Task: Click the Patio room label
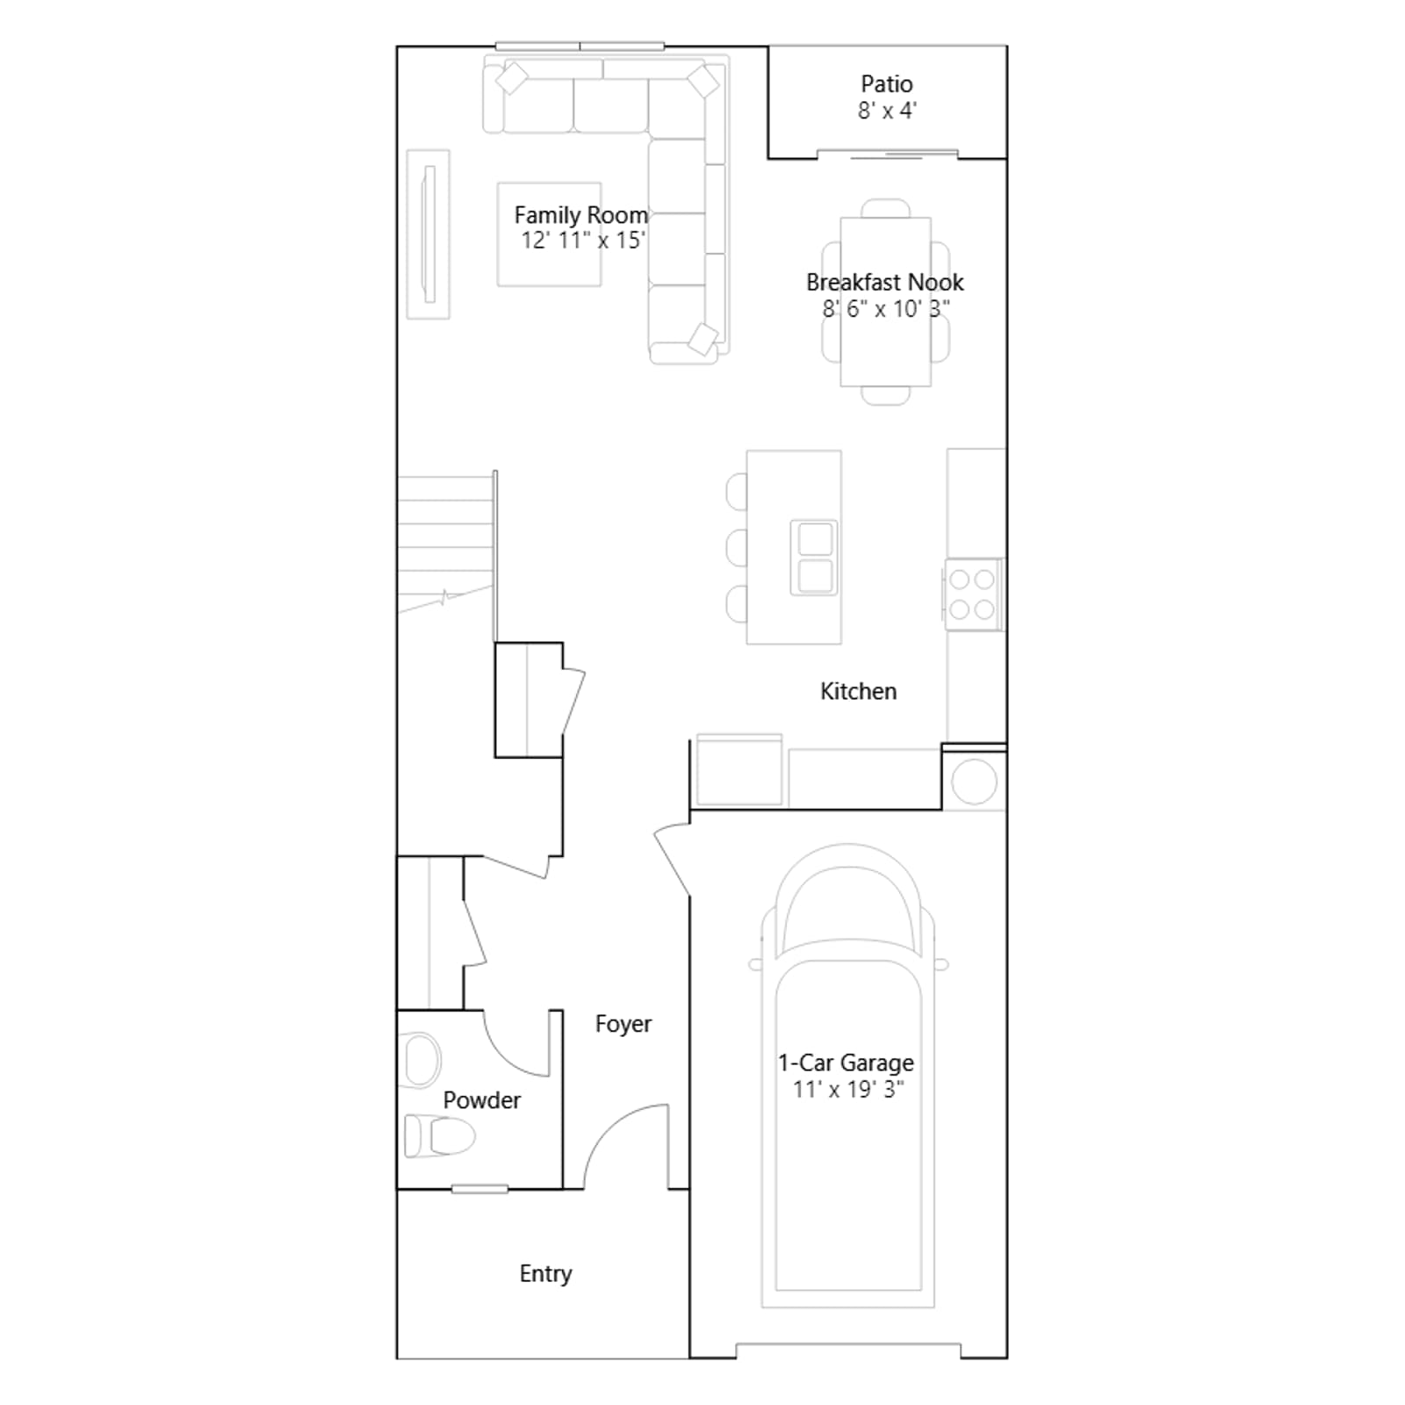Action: click(x=886, y=84)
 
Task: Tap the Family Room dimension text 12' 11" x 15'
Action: click(x=583, y=241)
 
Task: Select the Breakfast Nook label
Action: click(x=885, y=282)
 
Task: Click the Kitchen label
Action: click(x=858, y=691)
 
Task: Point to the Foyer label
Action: click(x=623, y=1024)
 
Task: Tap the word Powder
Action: click(x=481, y=1100)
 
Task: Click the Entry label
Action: click(x=545, y=1273)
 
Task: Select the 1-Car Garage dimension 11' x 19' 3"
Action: click(x=847, y=1090)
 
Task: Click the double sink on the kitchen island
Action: click(x=814, y=558)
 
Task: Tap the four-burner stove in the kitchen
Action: click(x=973, y=594)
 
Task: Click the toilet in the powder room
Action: click(x=439, y=1136)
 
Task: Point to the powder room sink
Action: click(x=421, y=1060)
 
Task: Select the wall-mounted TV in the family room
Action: click(x=429, y=234)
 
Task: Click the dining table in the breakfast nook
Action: click(x=885, y=302)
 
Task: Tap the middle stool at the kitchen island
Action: click(x=737, y=548)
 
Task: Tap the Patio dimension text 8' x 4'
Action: click(x=887, y=111)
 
